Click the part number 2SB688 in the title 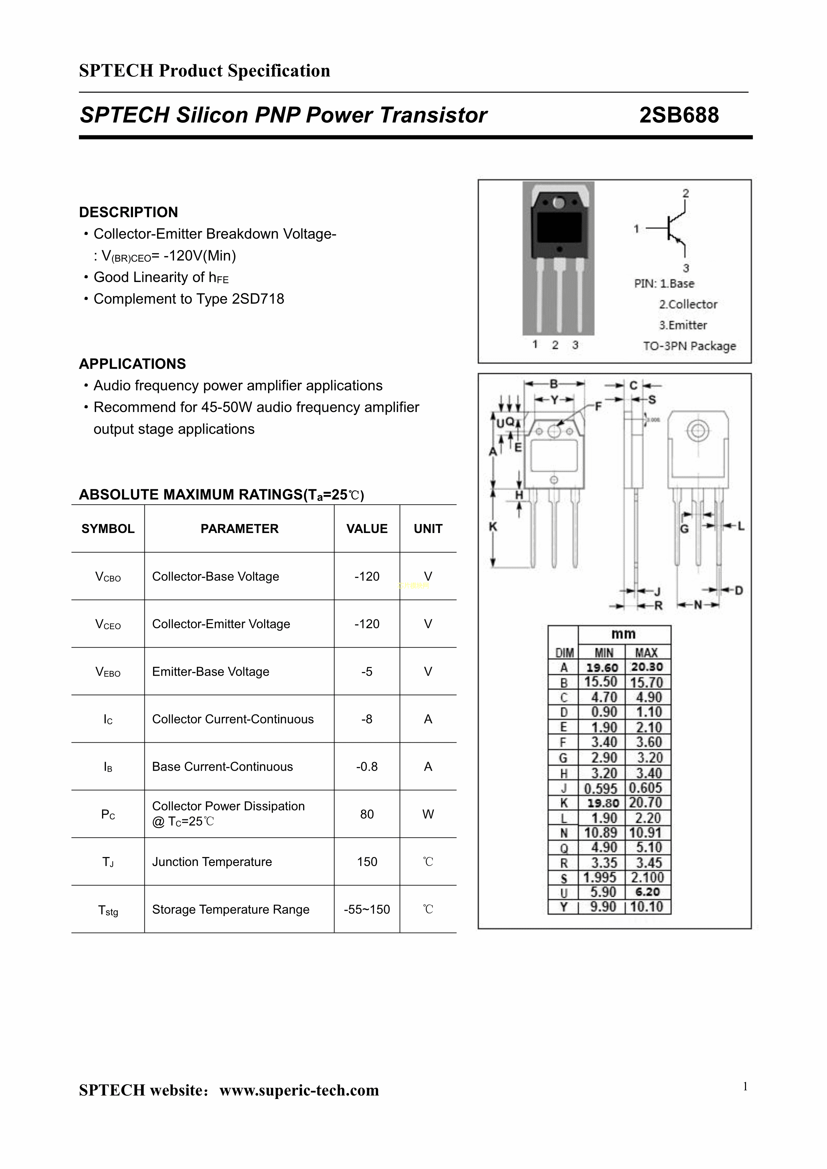click(679, 115)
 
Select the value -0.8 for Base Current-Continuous click(367, 766)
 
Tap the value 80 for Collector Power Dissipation click(367, 814)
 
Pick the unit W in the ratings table click(428, 814)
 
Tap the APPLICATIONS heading click(132, 364)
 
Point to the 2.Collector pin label click(688, 304)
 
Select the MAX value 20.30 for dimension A click(647, 667)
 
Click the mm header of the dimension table click(623, 634)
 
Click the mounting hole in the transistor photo click(559, 203)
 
